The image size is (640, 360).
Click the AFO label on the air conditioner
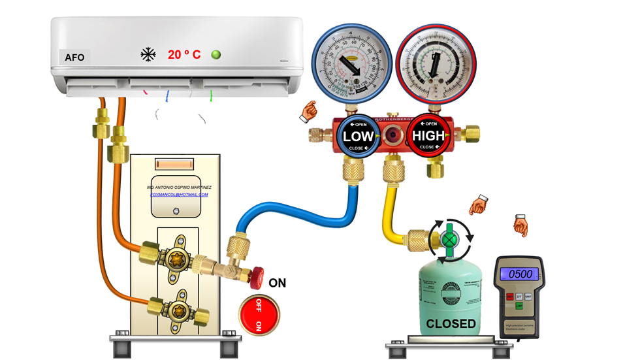(74, 57)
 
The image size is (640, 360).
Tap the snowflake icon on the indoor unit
(148, 54)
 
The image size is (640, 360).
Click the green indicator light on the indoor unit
(216, 54)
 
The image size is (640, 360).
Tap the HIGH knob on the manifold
(427, 136)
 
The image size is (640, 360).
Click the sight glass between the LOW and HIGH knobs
(393, 136)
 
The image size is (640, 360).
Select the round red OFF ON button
(259, 314)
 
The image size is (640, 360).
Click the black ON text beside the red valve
(278, 284)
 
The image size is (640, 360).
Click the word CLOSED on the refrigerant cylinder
(451, 323)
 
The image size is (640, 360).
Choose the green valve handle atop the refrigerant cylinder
(448, 240)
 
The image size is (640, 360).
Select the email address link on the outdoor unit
(179, 195)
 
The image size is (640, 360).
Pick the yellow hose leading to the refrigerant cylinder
(389, 209)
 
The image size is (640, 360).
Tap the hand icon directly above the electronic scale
(520, 225)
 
